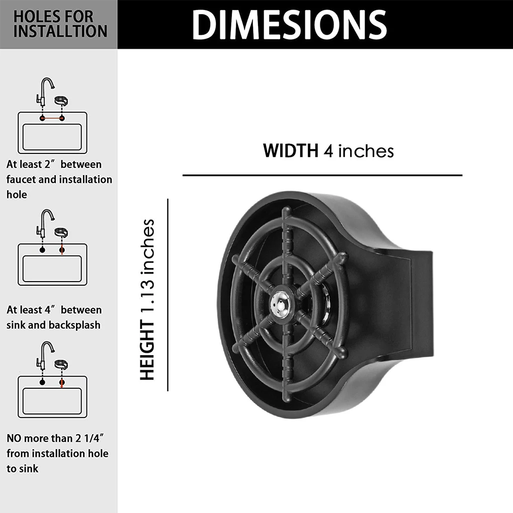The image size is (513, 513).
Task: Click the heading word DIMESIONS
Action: [x=289, y=24]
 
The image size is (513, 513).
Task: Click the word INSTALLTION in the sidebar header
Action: [x=60, y=31]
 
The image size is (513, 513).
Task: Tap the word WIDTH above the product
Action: [x=290, y=150]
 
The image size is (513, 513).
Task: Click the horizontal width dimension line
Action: [x=322, y=175]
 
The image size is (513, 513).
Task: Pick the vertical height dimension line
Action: [x=168, y=294]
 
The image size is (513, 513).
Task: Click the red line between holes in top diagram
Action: [x=52, y=118]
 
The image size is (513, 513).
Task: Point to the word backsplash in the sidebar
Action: [x=74, y=325]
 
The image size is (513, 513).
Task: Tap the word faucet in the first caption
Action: [x=21, y=179]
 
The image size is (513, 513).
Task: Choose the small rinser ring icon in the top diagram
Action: [x=62, y=101]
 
